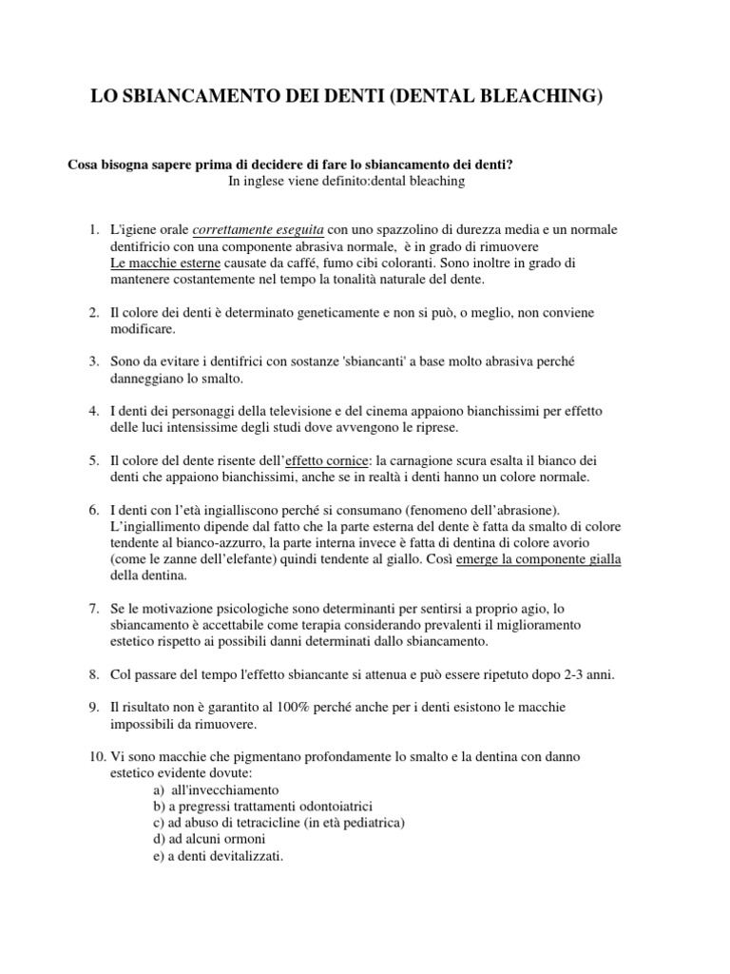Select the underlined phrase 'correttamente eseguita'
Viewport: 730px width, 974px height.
pos(259,230)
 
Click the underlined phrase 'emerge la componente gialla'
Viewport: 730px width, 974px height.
pos(539,559)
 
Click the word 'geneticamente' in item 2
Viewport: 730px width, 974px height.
pos(320,312)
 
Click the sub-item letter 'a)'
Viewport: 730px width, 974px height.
pos(158,789)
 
